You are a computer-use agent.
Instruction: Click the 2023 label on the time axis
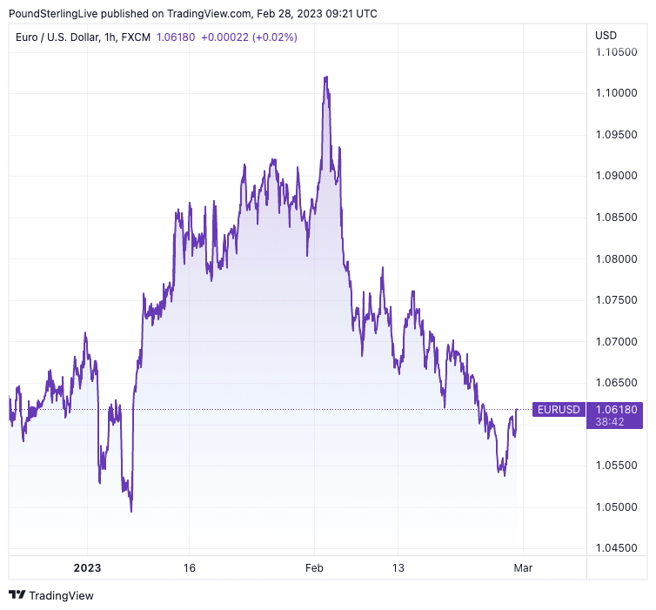pyautogui.click(x=87, y=568)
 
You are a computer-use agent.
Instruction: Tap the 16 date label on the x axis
pyautogui.click(x=190, y=568)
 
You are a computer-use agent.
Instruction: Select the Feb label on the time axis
pyautogui.click(x=314, y=568)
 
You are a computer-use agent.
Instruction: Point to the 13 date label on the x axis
pyautogui.click(x=397, y=568)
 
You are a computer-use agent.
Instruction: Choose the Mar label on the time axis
pyautogui.click(x=522, y=568)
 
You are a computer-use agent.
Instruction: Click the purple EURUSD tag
pyautogui.click(x=558, y=409)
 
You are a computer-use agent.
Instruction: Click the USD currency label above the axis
pyautogui.click(x=606, y=36)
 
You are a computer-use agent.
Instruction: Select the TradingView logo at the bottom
pyautogui.click(x=51, y=595)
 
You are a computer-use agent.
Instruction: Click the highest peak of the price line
pyautogui.click(x=325, y=77)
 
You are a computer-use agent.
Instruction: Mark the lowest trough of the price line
pyautogui.click(x=131, y=511)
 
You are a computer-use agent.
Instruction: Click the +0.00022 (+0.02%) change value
pyautogui.click(x=249, y=37)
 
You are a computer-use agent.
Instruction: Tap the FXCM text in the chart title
pyautogui.click(x=136, y=37)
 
